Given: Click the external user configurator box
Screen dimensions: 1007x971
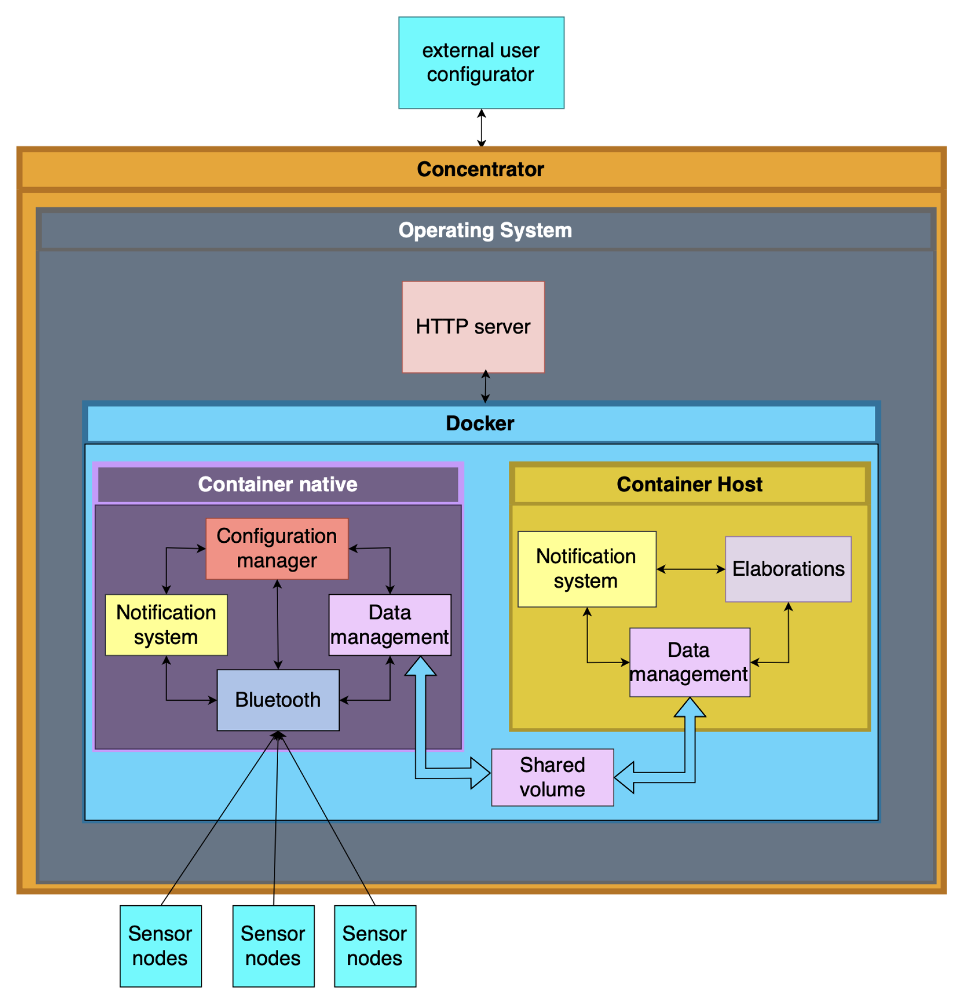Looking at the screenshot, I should [x=481, y=63].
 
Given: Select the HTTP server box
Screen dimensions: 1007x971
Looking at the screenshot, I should [x=473, y=327].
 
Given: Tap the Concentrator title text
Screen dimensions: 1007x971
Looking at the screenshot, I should [x=480, y=169].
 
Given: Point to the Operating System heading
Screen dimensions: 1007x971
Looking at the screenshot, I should [x=485, y=230].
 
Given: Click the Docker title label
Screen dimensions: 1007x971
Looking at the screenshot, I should [x=480, y=424].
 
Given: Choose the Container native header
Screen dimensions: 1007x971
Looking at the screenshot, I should [x=278, y=484].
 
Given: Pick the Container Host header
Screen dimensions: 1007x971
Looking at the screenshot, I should [x=689, y=484].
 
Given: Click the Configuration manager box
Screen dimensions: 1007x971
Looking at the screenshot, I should [x=277, y=548].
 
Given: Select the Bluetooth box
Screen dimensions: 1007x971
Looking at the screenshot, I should [x=278, y=700].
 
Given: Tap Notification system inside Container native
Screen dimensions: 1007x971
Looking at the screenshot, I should [x=166, y=625].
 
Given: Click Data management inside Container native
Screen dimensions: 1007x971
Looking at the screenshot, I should [x=390, y=625].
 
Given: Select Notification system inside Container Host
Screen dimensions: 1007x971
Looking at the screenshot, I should [x=586, y=569].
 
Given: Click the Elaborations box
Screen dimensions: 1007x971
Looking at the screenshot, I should [x=787, y=569].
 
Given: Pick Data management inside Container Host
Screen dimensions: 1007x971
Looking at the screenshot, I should [x=689, y=662].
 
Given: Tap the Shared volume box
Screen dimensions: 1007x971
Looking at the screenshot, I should [x=552, y=777].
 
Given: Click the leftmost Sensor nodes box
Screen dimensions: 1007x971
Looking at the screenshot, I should [x=160, y=946].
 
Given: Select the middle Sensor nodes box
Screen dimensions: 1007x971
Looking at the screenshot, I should [x=273, y=946].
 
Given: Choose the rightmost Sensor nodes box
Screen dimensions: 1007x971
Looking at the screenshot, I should [x=375, y=946].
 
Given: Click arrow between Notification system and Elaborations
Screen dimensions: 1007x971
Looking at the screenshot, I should [x=690, y=569].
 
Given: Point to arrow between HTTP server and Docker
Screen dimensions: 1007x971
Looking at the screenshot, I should [x=485, y=387].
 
